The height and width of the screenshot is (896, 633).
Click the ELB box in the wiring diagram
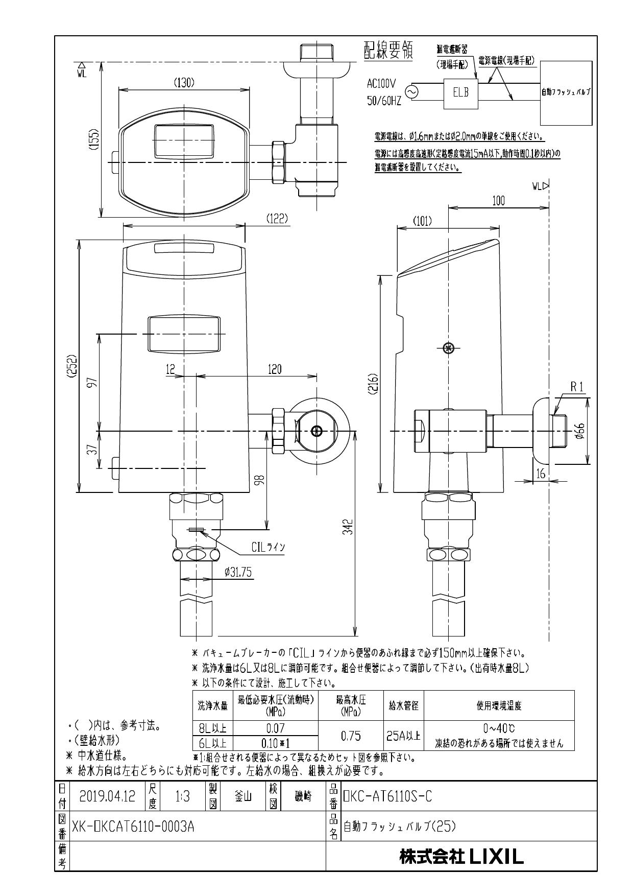460,93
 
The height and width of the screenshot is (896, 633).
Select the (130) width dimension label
184,82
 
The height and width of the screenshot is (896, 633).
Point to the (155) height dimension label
94,139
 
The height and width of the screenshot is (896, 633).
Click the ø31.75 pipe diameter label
238,573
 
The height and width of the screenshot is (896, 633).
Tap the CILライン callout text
268,547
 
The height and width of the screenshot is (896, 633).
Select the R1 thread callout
576,388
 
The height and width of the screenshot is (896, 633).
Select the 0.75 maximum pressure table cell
351,736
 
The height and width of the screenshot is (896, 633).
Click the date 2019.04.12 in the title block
107,796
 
